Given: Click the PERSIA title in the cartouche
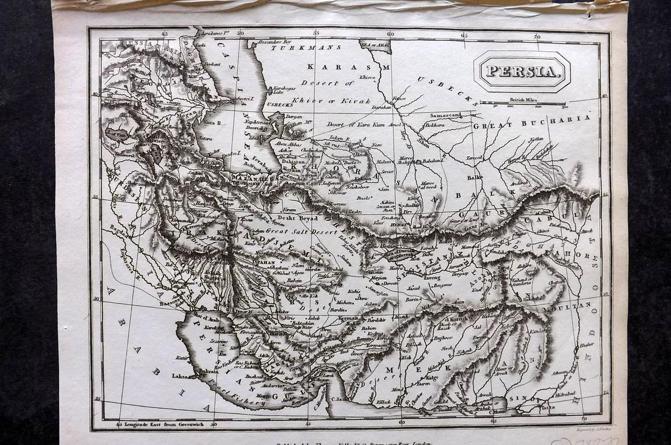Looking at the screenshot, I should (x=522, y=71).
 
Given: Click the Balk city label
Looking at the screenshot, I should (x=475, y=177).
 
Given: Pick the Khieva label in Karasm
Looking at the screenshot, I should (x=368, y=78).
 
